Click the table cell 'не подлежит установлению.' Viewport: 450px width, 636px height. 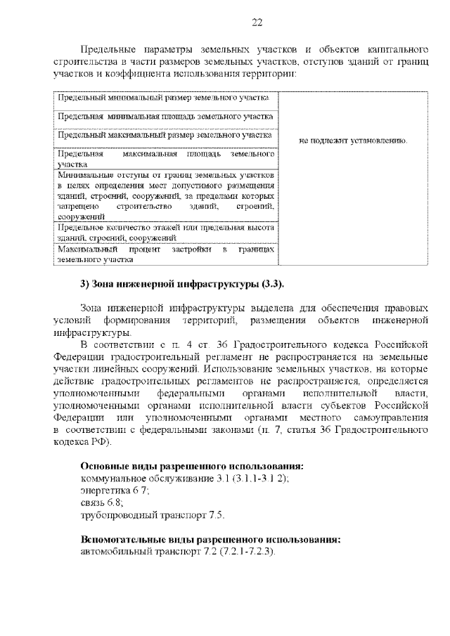click(353, 141)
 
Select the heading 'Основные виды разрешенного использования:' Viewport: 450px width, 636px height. click(192, 467)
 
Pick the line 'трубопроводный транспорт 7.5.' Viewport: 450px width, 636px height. click(153, 515)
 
